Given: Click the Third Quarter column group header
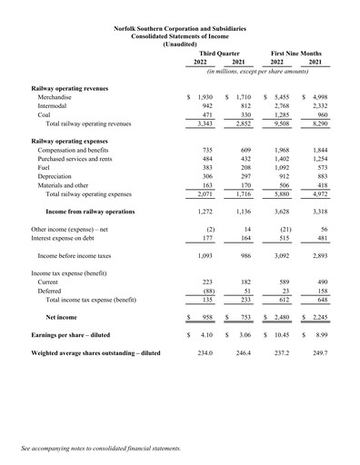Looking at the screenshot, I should pos(218,54).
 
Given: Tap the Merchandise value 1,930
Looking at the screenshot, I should pos(203,95).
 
